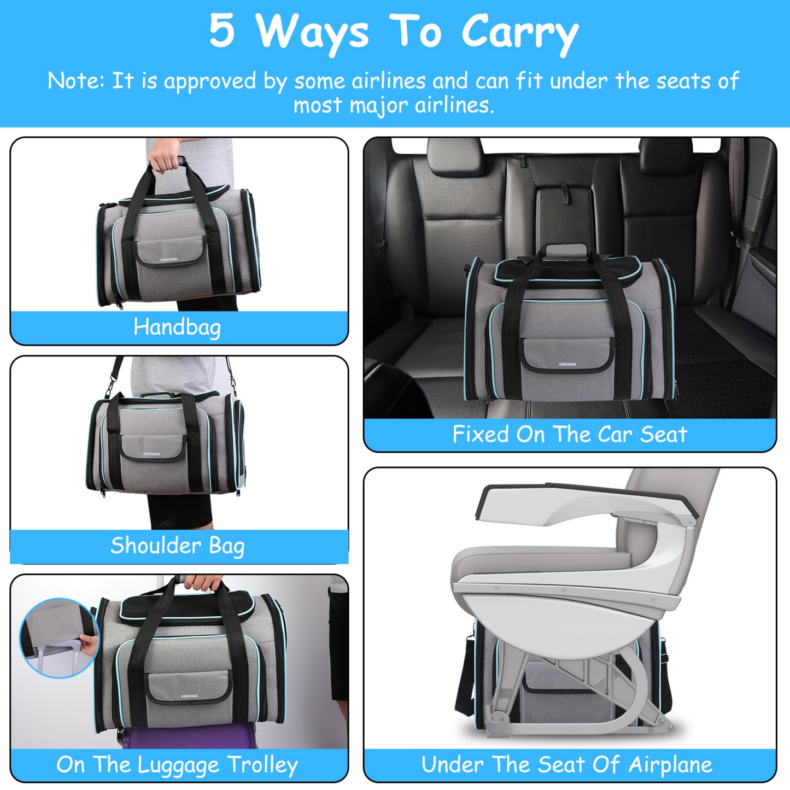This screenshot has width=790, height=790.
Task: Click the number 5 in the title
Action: (x=222, y=31)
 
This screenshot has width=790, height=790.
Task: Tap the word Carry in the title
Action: (x=519, y=33)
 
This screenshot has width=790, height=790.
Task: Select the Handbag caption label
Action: (x=177, y=327)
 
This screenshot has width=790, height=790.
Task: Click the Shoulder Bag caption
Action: (x=177, y=546)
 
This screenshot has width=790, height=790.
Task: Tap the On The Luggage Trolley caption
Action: (x=177, y=764)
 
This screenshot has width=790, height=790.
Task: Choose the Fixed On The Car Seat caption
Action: (x=569, y=435)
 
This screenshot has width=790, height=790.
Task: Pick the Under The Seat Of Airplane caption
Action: (x=566, y=764)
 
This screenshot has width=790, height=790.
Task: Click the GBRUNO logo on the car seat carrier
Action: (x=567, y=364)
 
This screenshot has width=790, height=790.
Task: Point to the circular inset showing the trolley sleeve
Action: (x=58, y=637)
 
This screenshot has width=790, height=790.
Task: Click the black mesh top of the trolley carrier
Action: (x=189, y=603)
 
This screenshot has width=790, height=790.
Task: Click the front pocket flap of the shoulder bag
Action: (x=152, y=447)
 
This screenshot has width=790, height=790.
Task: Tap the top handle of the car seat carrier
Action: (x=566, y=251)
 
